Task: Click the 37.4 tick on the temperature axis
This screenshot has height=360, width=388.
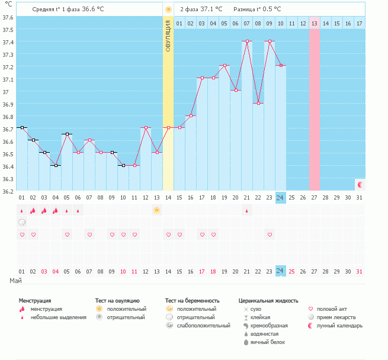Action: pos(8,42)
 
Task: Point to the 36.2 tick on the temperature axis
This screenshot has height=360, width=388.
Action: pos(8,191)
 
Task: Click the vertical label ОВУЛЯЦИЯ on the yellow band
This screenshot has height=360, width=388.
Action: pos(168,36)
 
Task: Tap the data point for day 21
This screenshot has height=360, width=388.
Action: pos(247,41)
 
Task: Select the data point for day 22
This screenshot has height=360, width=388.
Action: pos(258,103)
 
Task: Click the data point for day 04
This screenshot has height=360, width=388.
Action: pos(56,165)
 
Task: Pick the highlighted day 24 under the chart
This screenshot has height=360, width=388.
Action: pos(281,197)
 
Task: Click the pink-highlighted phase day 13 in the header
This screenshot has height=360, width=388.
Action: pos(314,23)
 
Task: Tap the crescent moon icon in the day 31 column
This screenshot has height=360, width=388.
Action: pos(360,184)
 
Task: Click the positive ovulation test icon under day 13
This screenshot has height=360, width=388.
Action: pos(156,210)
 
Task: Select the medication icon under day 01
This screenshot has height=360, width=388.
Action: pos(22,223)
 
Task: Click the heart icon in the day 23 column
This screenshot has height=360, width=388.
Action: pos(270,234)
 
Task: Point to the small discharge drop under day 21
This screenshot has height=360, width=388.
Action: pos(247,211)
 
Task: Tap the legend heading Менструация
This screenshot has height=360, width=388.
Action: pos(34,301)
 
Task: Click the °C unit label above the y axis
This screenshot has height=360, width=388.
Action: pos(8,6)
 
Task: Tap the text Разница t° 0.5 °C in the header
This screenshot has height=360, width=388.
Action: pos(257,9)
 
